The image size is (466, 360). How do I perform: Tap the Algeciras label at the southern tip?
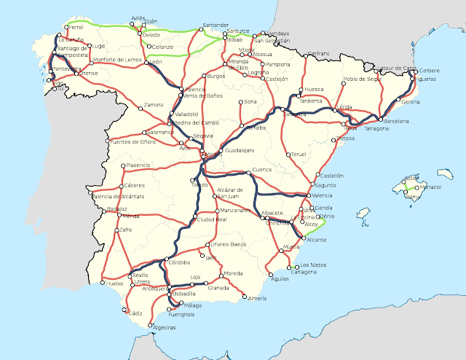coord(164,328)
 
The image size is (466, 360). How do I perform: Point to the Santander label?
coord(216,25)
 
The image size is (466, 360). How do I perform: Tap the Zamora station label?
coord(154,105)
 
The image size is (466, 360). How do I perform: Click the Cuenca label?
coord(261,171)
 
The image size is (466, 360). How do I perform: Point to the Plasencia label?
coord(138,165)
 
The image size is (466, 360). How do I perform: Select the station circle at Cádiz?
coord(125,314)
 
